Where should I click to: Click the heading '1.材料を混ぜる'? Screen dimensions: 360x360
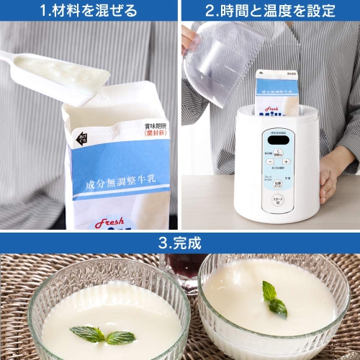click(x=89, y=10)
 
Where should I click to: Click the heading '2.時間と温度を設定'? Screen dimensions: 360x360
click(x=270, y=10)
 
